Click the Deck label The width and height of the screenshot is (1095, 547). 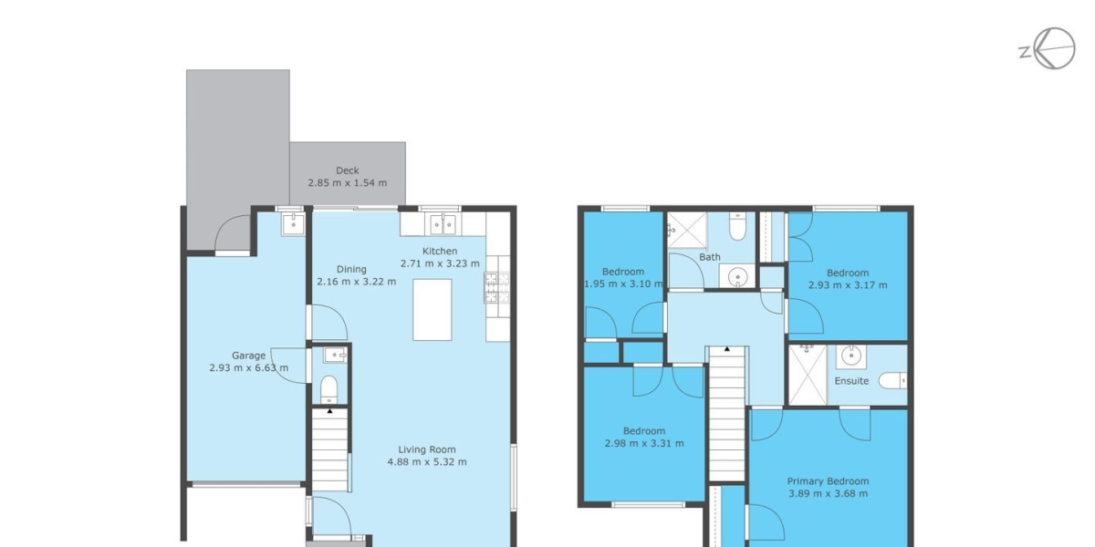(x=347, y=170)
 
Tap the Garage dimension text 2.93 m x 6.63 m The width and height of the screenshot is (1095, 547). (x=249, y=367)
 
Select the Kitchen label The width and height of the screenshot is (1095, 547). (x=440, y=251)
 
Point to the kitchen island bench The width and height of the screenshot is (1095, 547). (x=433, y=310)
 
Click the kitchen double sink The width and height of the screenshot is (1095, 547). (x=443, y=224)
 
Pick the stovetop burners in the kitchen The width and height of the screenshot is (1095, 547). (x=496, y=288)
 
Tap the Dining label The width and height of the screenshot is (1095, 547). (x=351, y=269)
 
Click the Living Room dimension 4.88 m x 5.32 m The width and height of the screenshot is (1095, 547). (x=427, y=462)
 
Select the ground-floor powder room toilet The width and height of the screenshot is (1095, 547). (x=329, y=389)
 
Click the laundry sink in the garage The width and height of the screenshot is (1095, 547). (x=293, y=224)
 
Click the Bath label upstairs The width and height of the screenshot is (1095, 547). (x=710, y=257)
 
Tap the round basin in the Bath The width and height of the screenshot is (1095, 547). (x=737, y=277)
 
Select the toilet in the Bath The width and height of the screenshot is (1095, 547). (x=737, y=226)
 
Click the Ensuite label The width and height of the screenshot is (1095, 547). (x=851, y=381)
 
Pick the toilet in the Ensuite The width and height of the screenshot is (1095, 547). (x=892, y=380)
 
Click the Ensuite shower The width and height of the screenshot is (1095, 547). (x=808, y=375)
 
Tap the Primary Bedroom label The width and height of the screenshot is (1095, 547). (x=829, y=481)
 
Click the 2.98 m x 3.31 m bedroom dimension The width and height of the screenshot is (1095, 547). (x=644, y=443)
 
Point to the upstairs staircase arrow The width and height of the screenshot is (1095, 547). (x=727, y=348)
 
